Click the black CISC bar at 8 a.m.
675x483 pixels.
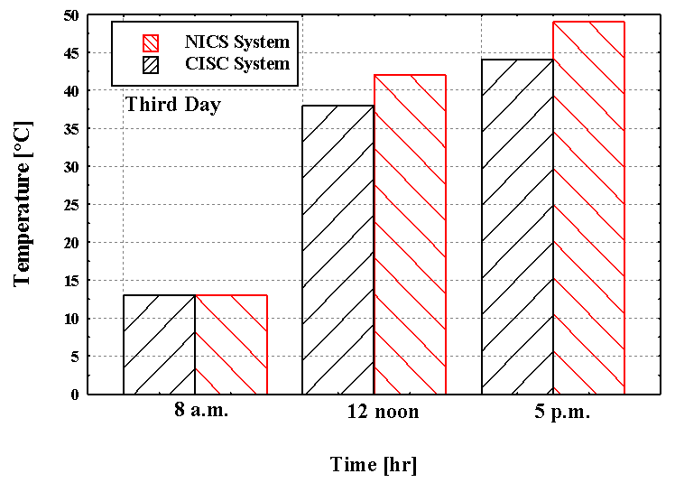pos(159,345)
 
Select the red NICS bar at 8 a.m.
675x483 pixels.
pos(231,345)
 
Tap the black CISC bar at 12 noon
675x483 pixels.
pos(337,250)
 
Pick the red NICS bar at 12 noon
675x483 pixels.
pos(410,235)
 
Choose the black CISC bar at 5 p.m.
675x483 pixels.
pos(517,227)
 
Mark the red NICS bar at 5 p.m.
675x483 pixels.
pos(588,208)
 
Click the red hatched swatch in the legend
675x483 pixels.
pos(151,42)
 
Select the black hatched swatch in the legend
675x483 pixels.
pos(151,64)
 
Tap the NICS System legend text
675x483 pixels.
pos(237,42)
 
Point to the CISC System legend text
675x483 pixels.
pos(237,64)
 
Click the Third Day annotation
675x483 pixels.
pos(173,104)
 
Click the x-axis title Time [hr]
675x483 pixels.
pos(374,465)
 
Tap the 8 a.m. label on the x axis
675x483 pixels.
pos(202,411)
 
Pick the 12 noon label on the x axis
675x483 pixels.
pos(383,412)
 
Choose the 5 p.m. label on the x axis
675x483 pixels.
pos(561,412)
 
